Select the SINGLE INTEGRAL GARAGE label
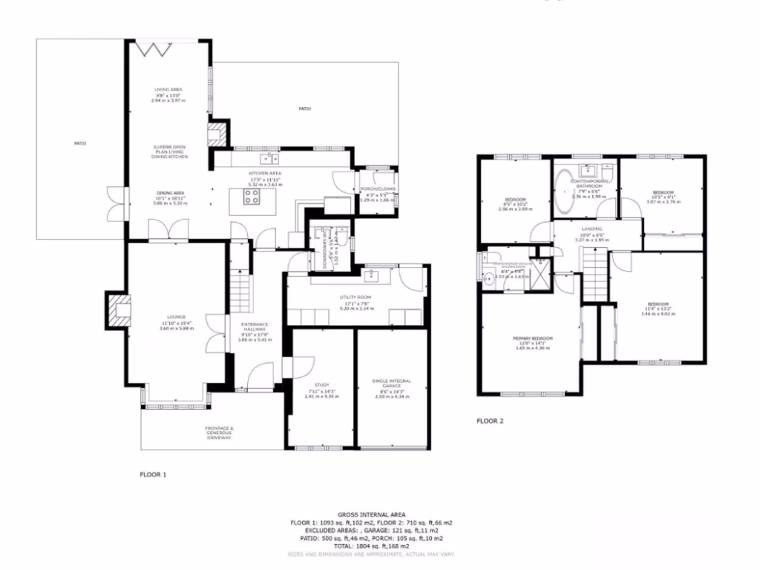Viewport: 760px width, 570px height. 391,383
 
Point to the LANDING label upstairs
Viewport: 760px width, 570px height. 592,229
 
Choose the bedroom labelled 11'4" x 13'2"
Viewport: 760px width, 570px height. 658,304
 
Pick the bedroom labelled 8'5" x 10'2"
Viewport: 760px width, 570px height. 516,200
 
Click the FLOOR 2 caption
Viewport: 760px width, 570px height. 490,421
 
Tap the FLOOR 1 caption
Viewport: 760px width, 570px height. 154,473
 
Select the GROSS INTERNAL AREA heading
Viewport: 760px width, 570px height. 370,514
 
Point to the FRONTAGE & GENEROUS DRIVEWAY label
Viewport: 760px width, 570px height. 219,433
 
